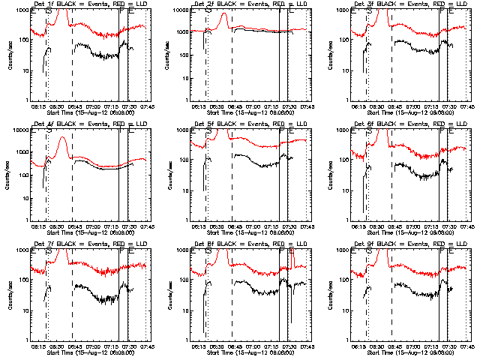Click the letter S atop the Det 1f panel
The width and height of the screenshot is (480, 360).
coord(49,11)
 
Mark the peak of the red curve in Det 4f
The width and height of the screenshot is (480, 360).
coord(64,137)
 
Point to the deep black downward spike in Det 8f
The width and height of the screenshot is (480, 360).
coord(291,321)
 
